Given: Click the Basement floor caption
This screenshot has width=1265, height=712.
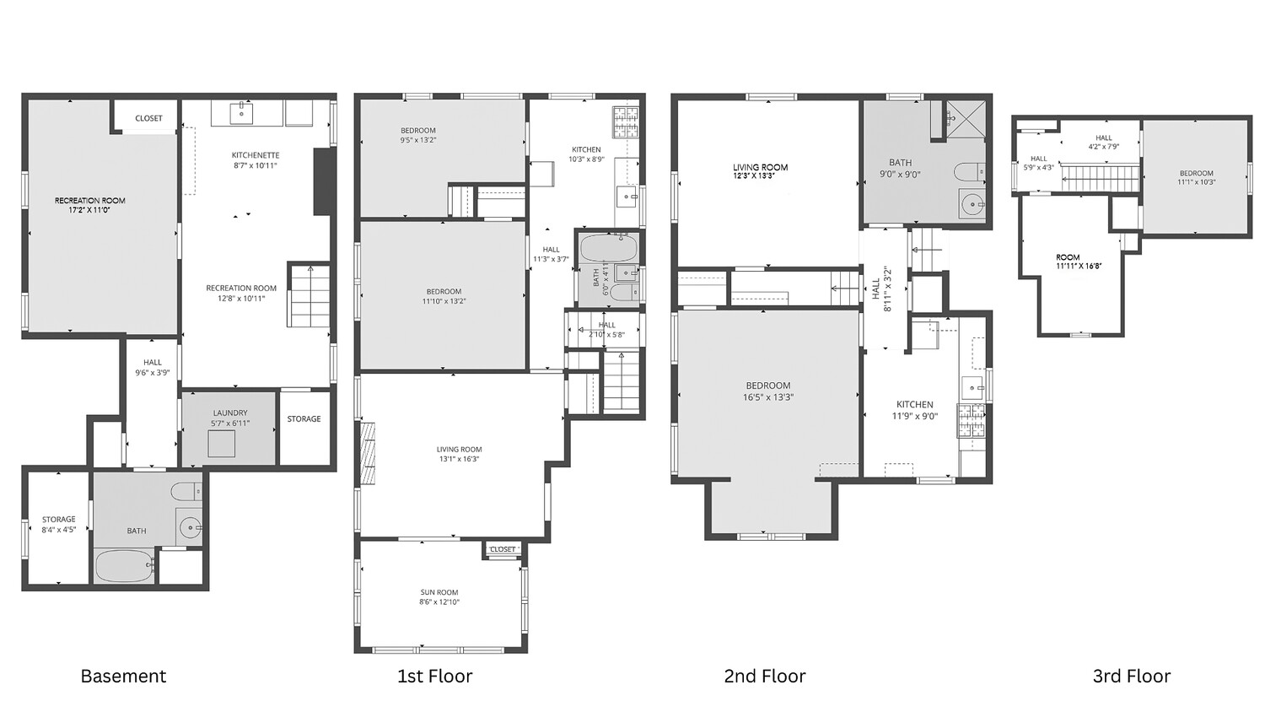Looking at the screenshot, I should point(123,676).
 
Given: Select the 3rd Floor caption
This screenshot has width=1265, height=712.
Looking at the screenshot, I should point(1131,676).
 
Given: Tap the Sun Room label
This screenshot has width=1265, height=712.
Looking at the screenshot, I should point(439,592).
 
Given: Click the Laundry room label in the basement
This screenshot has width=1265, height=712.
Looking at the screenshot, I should point(230,413).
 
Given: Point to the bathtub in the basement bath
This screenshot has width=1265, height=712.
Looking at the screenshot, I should point(124,566).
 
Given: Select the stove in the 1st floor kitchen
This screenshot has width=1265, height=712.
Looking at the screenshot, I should point(625,123).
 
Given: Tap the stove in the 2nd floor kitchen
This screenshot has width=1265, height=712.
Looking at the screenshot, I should point(970,420).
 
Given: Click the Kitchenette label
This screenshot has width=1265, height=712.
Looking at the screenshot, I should point(256,155).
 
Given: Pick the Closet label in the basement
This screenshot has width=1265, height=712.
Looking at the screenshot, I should point(148,118).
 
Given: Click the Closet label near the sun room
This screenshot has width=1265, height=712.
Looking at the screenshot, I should point(503,549).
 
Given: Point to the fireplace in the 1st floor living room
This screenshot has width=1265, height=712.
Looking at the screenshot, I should point(368,452).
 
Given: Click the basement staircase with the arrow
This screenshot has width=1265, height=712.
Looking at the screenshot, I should point(309,295).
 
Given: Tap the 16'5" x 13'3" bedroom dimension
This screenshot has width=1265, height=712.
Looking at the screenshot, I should point(767,397).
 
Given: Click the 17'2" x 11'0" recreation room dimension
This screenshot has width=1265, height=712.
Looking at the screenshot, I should point(89,210).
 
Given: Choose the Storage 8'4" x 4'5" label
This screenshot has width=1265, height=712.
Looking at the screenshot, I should point(58,525).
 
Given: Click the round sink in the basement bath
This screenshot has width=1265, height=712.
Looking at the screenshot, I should point(191,528).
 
